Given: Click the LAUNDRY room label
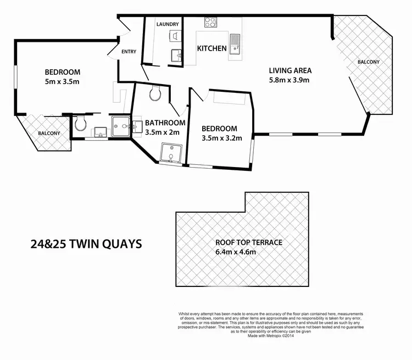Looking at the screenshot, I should tap(168, 25).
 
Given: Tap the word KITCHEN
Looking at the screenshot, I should tap(212, 48).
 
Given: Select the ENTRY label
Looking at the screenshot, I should tap(129, 52).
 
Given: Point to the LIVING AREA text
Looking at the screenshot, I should tap(290, 70).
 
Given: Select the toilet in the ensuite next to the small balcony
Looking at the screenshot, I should tap(81, 123).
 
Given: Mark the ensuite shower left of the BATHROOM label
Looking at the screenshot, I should tap(120, 126).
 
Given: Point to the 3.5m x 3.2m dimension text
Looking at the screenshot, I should tap(222, 138).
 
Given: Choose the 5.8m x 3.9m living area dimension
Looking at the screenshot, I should tap(289, 80).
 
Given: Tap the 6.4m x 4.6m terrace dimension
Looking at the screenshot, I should tap(236, 252).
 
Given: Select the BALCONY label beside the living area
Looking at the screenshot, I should tap(368, 62).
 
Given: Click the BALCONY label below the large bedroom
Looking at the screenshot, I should tap(49, 133).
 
